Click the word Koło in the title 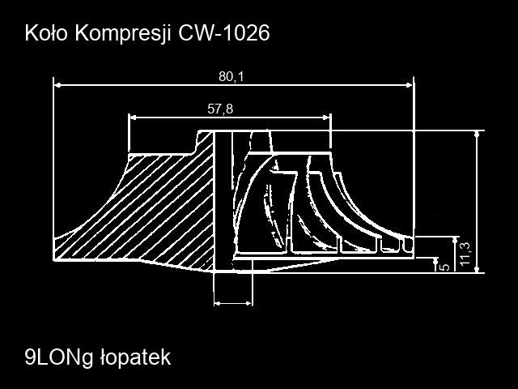coord(46,33)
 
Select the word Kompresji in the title coord(123,34)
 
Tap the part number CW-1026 coord(224,33)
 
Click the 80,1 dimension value coord(231,77)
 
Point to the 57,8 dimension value coord(220,109)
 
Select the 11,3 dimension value coord(465,254)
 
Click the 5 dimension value coord(445,267)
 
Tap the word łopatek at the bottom coord(135,357)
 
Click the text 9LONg coord(59,358)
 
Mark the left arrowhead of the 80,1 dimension coord(57,85)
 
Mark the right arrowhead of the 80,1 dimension coord(410,85)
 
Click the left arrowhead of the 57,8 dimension coord(133,118)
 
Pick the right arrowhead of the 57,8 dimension coord(327,118)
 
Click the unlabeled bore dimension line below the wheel coord(233,303)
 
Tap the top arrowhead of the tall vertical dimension coord(477,135)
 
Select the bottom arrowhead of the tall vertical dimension coord(477,269)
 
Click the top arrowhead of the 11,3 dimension coord(456,240)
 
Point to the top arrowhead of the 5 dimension coord(435,261)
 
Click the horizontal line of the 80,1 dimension coord(234,85)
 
